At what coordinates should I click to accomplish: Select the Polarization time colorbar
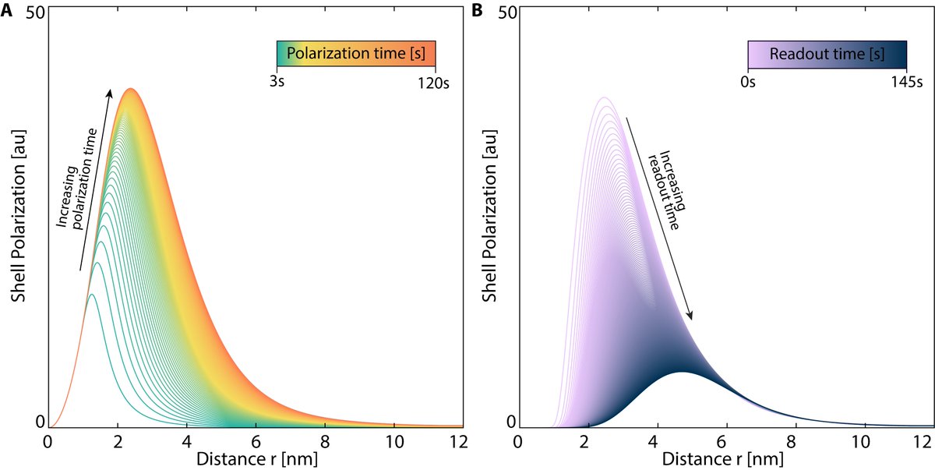point(355,54)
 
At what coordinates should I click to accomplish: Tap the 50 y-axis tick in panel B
point(506,14)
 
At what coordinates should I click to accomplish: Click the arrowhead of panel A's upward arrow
point(110,92)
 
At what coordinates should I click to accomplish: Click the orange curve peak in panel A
point(130,89)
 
